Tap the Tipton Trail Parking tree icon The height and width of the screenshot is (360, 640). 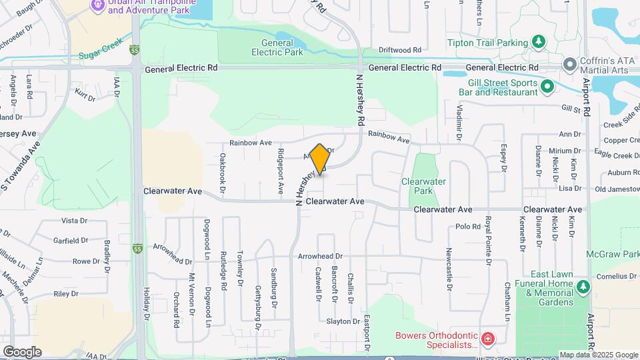point(539,43)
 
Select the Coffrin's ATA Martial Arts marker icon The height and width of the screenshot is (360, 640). point(569,64)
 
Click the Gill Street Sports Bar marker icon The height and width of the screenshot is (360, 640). point(547,85)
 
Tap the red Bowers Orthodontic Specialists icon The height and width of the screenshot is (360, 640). point(487,339)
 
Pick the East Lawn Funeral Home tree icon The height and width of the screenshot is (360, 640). point(583,286)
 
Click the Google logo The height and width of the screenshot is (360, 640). point(22,351)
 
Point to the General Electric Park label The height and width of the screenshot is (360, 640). point(277,47)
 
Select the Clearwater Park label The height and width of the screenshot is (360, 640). point(423,185)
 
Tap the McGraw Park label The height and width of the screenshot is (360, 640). point(612,254)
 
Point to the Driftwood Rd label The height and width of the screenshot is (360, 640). point(400,50)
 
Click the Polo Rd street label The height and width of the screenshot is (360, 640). point(468,227)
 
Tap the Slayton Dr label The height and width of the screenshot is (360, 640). point(343,321)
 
